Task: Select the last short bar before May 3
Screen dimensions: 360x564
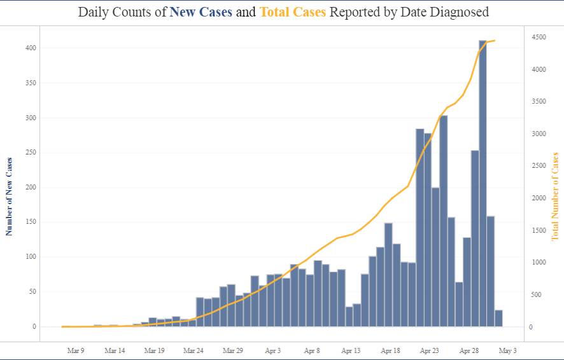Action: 498,319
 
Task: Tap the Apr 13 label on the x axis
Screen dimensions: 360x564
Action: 351,350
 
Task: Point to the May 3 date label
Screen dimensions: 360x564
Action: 508,350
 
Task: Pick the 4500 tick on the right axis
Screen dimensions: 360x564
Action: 538,38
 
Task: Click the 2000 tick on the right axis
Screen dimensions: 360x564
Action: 538,198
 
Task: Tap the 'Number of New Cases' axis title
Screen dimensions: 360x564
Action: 9,195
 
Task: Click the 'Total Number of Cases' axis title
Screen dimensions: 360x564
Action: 555,196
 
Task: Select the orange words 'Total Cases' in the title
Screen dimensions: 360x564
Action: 293,12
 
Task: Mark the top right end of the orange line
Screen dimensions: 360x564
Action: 495,41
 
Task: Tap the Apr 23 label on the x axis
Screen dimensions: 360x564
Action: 430,350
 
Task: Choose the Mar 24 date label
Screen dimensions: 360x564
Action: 193,350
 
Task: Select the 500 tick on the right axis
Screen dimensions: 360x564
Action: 537,295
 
